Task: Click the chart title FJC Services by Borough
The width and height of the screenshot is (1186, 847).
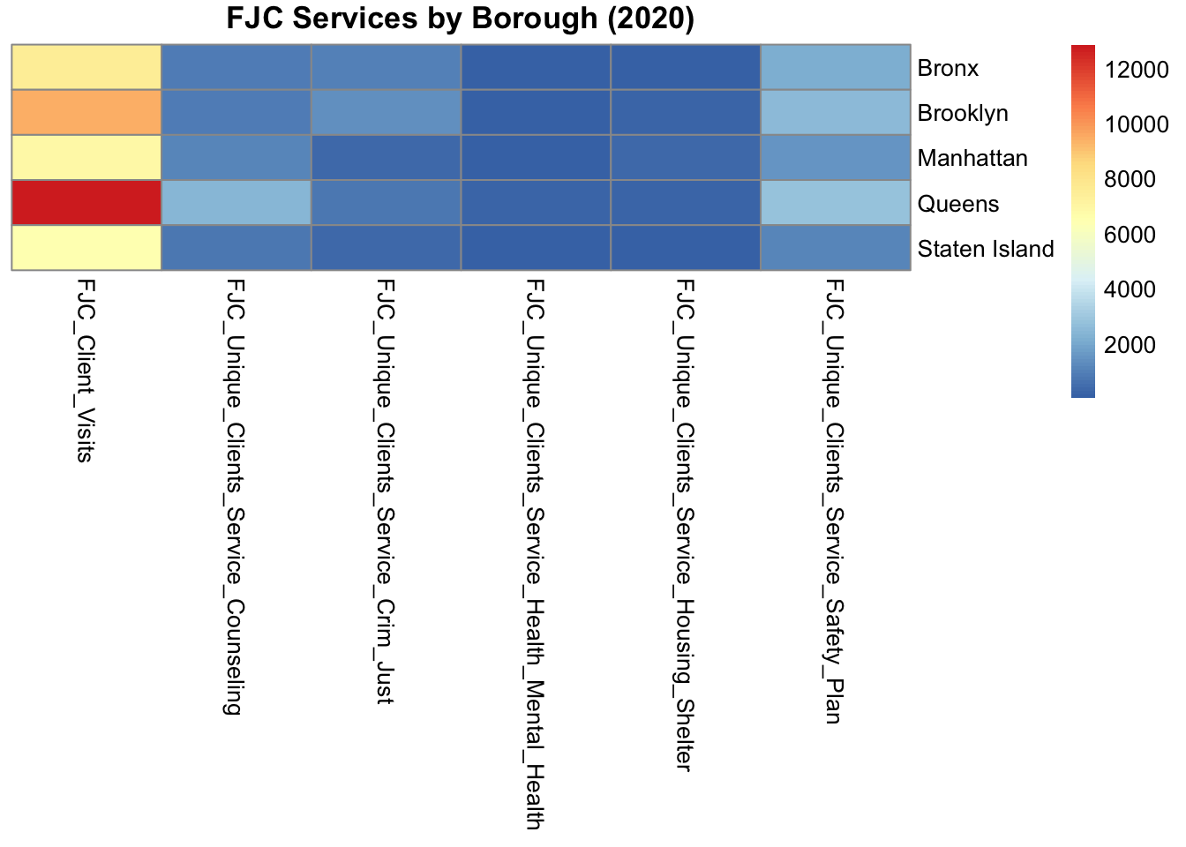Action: (460, 19)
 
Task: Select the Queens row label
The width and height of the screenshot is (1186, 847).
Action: (957, 204)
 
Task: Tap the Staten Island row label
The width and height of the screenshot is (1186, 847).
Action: (985, 249)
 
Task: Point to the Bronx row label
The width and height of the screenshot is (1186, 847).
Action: (948, 68)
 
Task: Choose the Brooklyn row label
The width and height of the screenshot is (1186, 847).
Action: (962, 113)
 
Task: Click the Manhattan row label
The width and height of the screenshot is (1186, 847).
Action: (972, 158)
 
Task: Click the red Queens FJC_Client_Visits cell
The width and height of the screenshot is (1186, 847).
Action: (86, 203)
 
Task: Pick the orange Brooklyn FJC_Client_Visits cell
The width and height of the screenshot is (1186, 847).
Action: (86, 112)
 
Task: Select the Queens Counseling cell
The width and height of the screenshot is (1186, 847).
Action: (236, 203)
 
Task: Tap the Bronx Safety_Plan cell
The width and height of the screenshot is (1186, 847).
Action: (835, 67)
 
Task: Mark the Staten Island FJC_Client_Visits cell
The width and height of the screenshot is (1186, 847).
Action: (86, 248)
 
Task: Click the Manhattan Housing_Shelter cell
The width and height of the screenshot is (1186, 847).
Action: (685, 157)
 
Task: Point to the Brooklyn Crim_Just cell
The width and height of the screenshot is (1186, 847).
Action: (386, 112)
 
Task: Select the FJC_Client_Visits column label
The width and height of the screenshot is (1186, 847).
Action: (86, 370)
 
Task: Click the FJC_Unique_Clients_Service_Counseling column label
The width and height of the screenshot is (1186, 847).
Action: (235, 496)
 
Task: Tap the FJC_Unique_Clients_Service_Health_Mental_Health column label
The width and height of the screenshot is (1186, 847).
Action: (534, 554)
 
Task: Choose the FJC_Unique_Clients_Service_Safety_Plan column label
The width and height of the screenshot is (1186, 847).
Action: (834, 500)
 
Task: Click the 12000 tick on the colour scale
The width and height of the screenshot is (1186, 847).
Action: (1137, 70)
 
